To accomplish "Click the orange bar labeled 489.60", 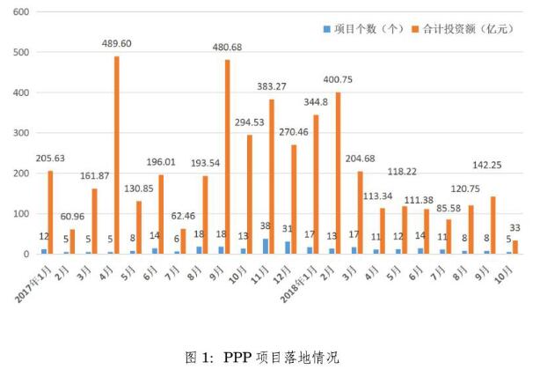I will [x=116, y=155].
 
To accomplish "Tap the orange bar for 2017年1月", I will [x=50, y=212].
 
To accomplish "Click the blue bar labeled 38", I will [x=266, y=246].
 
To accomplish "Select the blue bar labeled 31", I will [x=287, y=248].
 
